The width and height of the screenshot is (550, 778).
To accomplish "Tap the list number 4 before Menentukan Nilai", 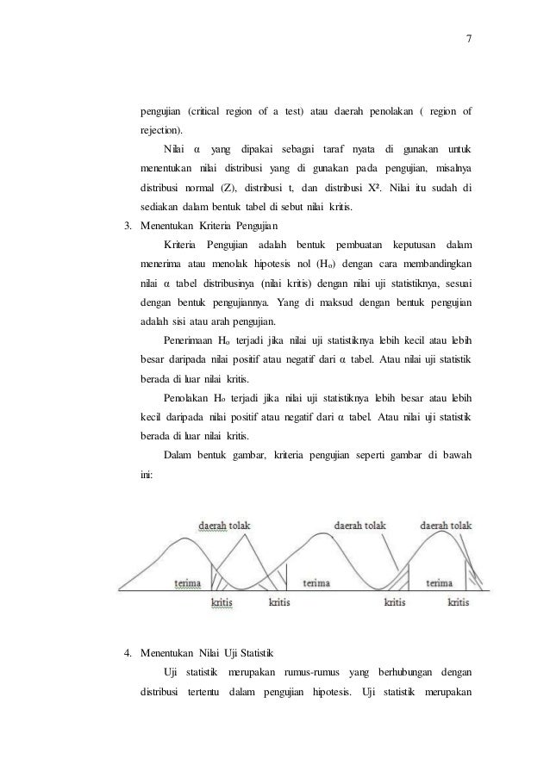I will (x=128, y=650).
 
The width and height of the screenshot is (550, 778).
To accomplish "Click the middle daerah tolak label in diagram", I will (x=359, y=524).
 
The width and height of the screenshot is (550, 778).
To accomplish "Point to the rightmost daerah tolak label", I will (x=446, y=524).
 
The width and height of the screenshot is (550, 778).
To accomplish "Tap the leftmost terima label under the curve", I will (x=188, y=583).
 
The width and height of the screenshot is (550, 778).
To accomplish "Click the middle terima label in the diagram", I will (x=316, y=583).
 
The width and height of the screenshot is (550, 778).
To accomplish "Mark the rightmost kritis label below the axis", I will (x=458, y=602).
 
